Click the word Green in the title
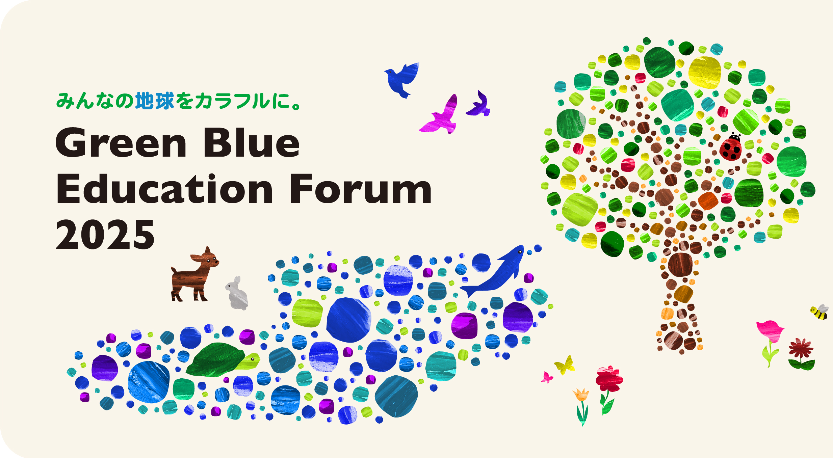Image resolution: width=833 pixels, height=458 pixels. (121, 143)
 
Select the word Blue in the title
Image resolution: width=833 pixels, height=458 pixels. (252, 142)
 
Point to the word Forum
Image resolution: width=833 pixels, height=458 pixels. (361, 189)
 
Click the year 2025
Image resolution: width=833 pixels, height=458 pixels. (105, 234)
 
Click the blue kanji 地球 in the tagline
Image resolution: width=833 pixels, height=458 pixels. (155, 101)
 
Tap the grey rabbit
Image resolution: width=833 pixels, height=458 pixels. (237, 293)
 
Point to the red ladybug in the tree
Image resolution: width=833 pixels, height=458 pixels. (731, 147)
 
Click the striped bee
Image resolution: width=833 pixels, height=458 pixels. (819, 312)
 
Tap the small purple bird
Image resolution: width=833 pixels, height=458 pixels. (478, 105)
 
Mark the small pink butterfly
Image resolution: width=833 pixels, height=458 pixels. (547, 377)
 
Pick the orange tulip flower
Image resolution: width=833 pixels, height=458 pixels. (581, 395)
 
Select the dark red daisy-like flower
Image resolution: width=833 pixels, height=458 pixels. (801, 350)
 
